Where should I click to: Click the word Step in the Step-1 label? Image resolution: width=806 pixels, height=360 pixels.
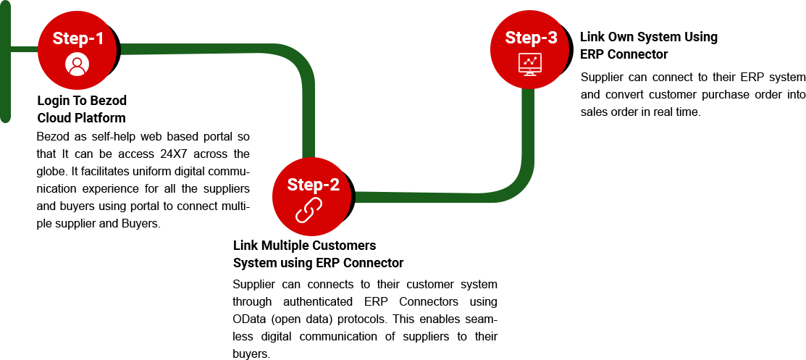pos(67,38)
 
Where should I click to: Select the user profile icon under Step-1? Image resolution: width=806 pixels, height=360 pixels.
pos(77,64)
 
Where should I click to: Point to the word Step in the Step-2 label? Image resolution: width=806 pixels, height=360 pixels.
pos(303,185)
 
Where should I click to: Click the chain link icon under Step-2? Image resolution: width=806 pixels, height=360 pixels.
pos(308,211)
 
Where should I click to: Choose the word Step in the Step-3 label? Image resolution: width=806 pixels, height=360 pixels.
pos(521,38)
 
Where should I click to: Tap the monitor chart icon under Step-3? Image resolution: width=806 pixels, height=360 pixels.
pos(530,64)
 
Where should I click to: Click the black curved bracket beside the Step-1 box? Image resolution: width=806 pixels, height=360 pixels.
pos(116,49)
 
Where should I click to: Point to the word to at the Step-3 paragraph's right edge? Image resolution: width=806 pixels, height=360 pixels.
pos(801,94)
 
